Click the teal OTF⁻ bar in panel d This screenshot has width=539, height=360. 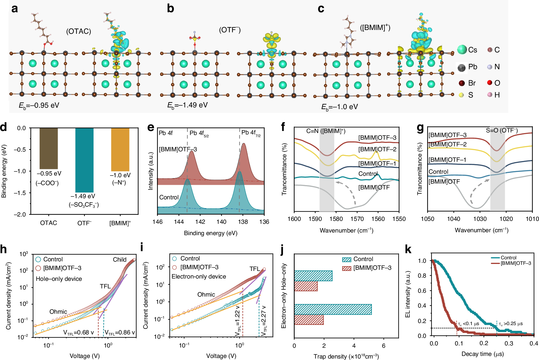pyautogui.click(x=84, y=160)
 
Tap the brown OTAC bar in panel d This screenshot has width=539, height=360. pyautogui.click(x=49, y=148)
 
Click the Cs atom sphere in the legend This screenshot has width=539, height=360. pyautogui.click(x=462, y=50)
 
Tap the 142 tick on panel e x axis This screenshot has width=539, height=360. pyautogui.click(x=200, y=222)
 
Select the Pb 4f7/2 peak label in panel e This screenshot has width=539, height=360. pyautogui.click(x=250, y=133)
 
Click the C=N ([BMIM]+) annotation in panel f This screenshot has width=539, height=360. pyautogui.click(x=326, y=131)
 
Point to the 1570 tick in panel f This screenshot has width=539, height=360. pyautogui.click(x=357, y=219)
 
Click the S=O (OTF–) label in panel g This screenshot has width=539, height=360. pyautogui.click(x=501, y=130)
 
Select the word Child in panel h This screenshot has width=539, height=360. pyautogui.click(x=120, y=260)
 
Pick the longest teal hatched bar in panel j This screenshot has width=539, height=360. pyautogui.click(x=333, y=309)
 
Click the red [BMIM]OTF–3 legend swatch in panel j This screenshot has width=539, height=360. pyautogui.click(x=347, y=268)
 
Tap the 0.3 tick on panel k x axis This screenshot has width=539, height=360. pyautogui.click(x=509, y=343)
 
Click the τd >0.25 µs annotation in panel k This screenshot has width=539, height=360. pyautogui.click(x=510, y=324)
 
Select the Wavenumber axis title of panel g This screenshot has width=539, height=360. pyautogui.click(x=481, y=230)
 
